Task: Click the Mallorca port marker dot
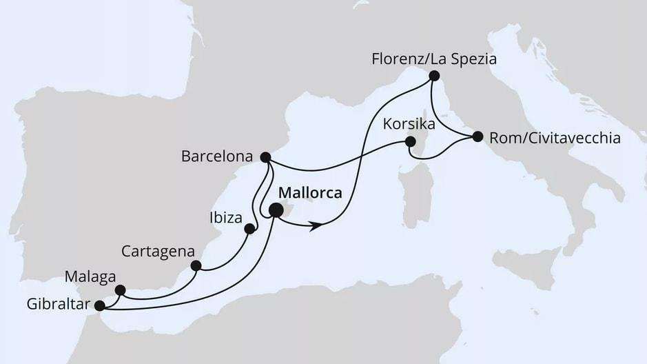(276, 211)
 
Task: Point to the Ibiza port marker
(249, 229)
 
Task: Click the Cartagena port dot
(196, 265)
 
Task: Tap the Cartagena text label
(158, 250)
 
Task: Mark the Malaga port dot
(120, 290)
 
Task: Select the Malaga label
(90, 277)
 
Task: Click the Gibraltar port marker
(99, 305)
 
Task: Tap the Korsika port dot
(411, 141)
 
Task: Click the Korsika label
(410, 125)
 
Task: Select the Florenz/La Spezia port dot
(434, 76)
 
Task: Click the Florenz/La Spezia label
(433, 59)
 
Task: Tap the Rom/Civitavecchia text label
(555, 138)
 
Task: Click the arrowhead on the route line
(317, 225)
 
